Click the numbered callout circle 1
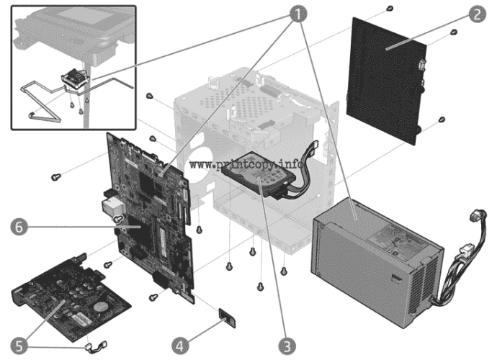coord(296,12)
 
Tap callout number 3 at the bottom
coord(289,345)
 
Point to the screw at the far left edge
coord(55,175)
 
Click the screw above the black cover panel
coord(389,8)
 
